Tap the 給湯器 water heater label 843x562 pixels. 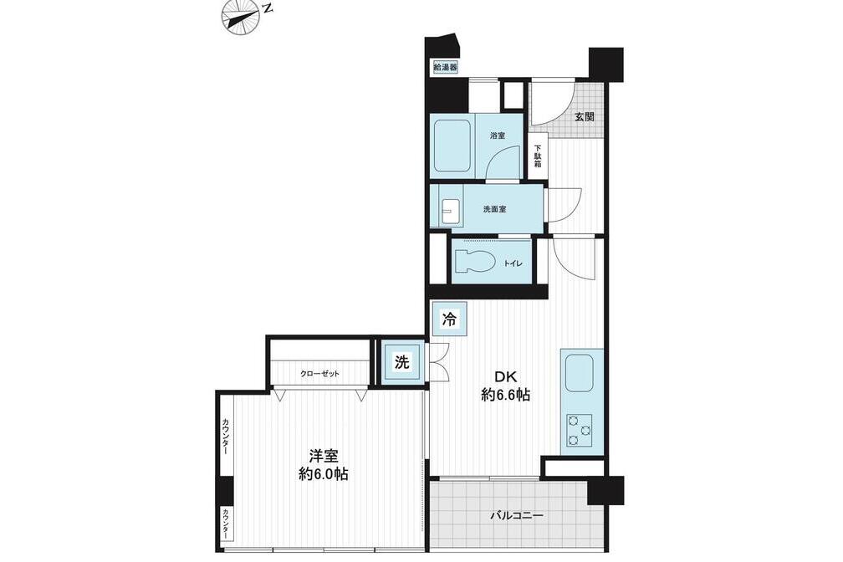[x=446, y=67]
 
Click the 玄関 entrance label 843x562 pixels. [x=584, y=116]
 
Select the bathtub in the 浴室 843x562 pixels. [x=452, y=145]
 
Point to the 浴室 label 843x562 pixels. [x=498, y=135]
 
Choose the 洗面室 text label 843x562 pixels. [x=494, y=209]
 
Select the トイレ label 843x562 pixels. [x=513, y=263]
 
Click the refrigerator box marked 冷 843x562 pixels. [x=449, y=319]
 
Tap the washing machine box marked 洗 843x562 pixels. [x=402, y=362]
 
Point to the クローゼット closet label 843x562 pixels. [x=319, y=374]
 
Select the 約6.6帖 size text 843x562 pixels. [x=505, y=396]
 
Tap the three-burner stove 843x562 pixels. [x=579, y=430]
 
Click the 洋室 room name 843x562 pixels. [x=324, y=456]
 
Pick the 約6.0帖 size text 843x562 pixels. [x=324, y=474]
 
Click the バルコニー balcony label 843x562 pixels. [x=517, y=516]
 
